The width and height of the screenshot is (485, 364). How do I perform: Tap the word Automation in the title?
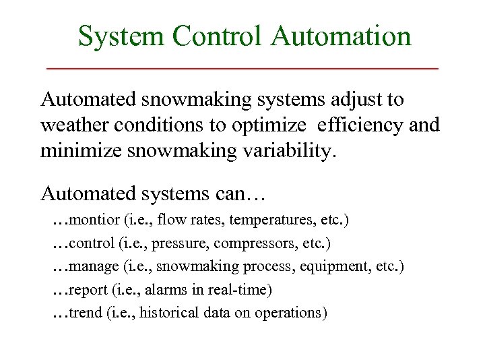click(341, 36)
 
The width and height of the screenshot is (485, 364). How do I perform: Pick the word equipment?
click(337, 267)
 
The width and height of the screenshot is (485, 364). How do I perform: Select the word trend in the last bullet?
click(86, 313)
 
